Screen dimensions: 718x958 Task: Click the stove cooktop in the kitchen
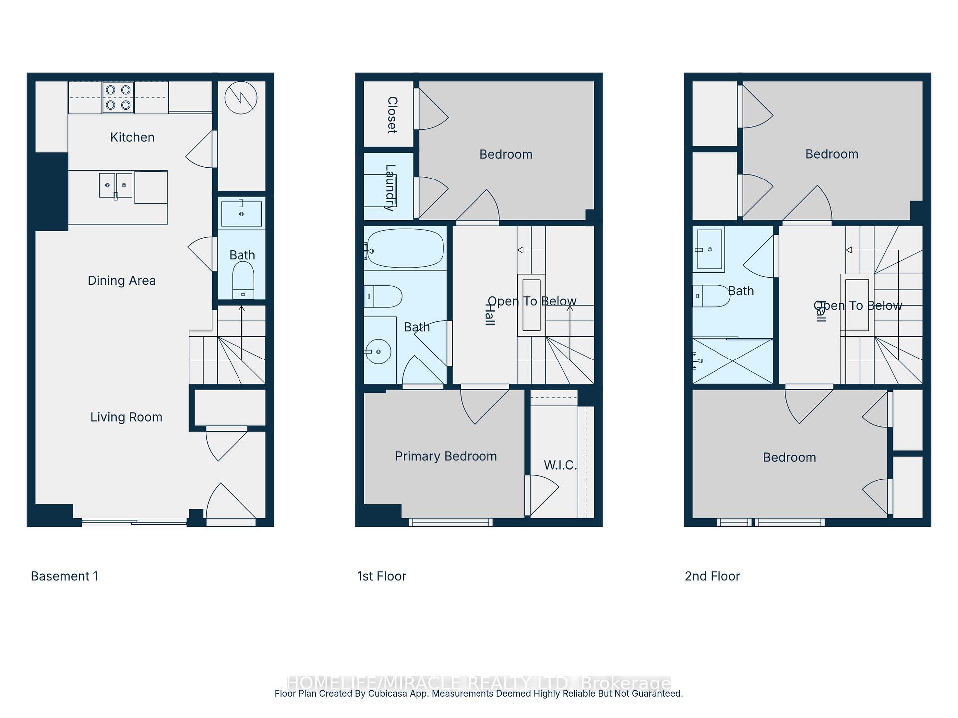[x=118, y=97]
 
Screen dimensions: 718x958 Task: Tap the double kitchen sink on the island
[x=116, y=185]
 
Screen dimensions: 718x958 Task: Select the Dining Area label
[x=122, y=281]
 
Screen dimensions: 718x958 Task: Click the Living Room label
[x=126, y=417]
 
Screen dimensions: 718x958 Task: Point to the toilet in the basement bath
[x=243, y=280]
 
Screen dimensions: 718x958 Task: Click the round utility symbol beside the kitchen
[x=241, y=98]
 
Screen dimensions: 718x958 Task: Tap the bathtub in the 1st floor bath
[x=405, y=248]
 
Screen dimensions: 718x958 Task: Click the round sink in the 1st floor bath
[x=378, y=352]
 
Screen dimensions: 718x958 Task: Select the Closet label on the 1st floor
[x=392, y=115]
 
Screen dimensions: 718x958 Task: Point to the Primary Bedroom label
[x=446, y=456]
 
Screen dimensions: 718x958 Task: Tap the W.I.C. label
[x=560, y=465]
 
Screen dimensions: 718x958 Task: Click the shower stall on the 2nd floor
[x=732, y=361]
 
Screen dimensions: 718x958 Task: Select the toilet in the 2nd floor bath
[x=711, y=296]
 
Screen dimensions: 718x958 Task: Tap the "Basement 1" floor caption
[x=64, y=576]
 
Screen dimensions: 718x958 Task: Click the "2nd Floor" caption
[x=712, y=576]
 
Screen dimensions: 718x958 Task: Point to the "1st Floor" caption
[x=382, y=576]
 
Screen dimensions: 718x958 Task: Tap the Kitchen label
[x=132, y=137]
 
